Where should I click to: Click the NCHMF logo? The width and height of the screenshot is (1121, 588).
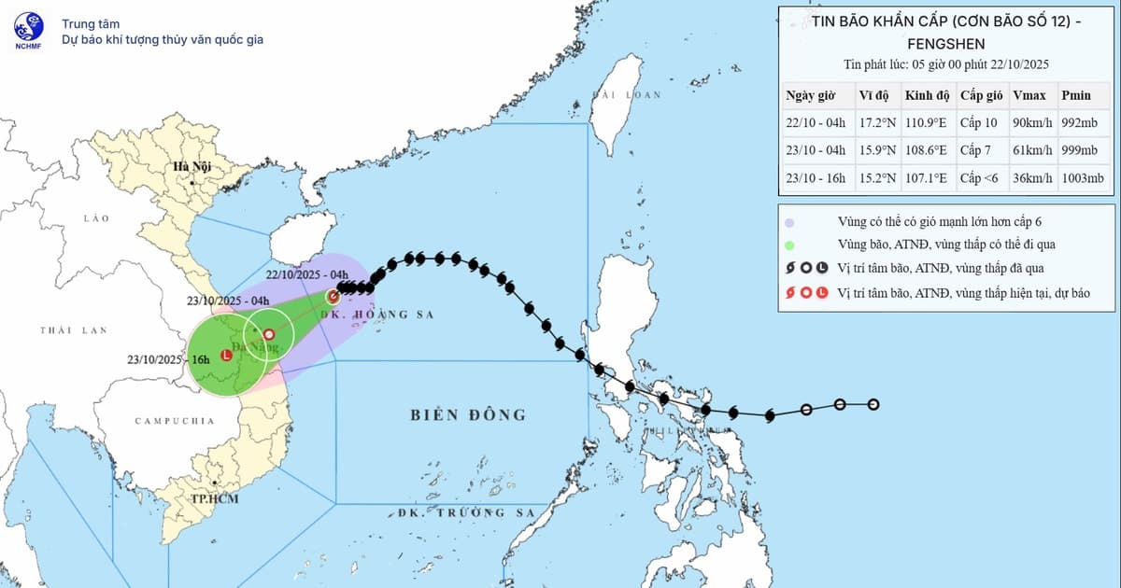(x=27, y=30)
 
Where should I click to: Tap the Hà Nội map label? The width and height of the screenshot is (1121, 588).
(x=191, y=166)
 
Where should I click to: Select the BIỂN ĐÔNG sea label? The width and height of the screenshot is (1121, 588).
(x=468, y=415)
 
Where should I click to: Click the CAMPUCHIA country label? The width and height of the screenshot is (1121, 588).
(x=175, y=421)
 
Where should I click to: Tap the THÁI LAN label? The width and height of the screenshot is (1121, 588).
(x=74, y=330)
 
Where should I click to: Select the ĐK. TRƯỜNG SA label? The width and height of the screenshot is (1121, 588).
(x=463, y=513)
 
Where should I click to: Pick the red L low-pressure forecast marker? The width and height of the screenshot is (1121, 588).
(x=226, y=355)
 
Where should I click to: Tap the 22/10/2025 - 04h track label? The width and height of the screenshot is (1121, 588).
(x=306, y=274)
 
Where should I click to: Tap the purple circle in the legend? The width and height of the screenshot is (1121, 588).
(x=789, y=223)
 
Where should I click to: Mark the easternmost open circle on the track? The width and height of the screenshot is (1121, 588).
(x=873, y=404)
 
